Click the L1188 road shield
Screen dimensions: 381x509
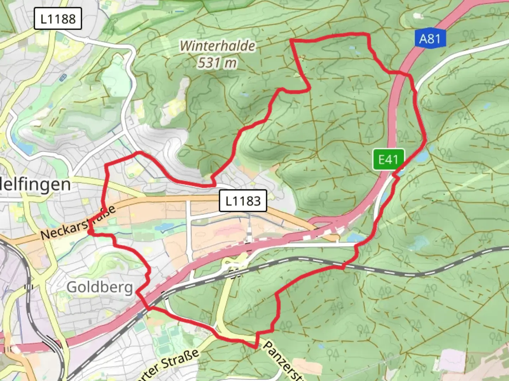point(58,19)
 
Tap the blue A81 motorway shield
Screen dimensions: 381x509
point(430,38)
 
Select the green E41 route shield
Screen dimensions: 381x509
point(388,159)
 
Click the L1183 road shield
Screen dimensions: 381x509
point(243,201)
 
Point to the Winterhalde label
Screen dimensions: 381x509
point(217,46)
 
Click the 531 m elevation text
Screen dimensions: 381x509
point(217,63)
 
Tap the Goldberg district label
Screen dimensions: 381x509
point(99,287)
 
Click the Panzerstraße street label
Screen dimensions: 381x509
point(283,360)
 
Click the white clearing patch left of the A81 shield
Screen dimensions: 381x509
point(418,16)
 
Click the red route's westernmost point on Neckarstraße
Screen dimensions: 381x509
point(88,232)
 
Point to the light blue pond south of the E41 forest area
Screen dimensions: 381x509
point(419,243)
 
